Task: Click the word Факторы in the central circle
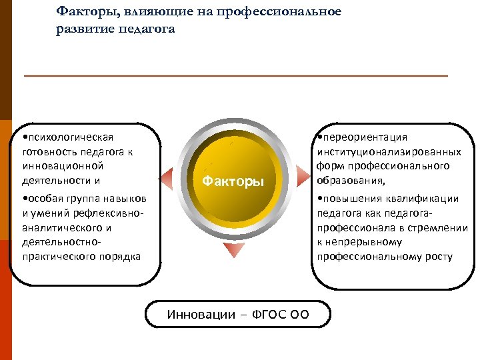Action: point(233,181)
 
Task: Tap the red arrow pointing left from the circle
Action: point(167,178)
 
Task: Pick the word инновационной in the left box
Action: point(55,165)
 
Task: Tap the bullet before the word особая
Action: point(24,199)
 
